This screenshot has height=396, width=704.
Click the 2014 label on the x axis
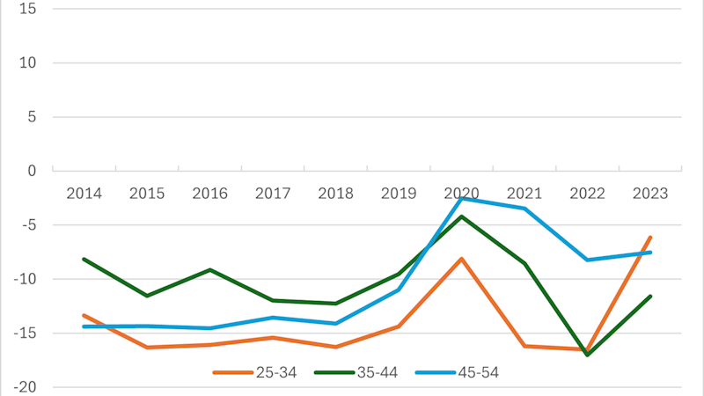[84, 194]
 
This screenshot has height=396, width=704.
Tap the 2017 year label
[273, 194]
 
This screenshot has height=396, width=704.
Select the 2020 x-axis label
[461, 194]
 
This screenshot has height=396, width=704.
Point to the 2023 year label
[649, 194]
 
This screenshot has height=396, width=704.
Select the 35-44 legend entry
[357, 372]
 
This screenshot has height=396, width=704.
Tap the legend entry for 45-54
[457, 372]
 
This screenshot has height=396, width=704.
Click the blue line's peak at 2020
[461, 199]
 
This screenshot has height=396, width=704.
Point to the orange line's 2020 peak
[461, 259]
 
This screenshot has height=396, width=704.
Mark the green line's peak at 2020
[461, 216]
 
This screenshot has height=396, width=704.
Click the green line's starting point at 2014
[84, 259]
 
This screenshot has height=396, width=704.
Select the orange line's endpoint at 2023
[649, 237]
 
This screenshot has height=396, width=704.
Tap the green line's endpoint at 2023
[649, 297]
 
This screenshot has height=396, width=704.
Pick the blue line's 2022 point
[587, 260]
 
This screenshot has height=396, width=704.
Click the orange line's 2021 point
[524, 346]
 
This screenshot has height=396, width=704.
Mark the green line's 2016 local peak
[209, 269]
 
